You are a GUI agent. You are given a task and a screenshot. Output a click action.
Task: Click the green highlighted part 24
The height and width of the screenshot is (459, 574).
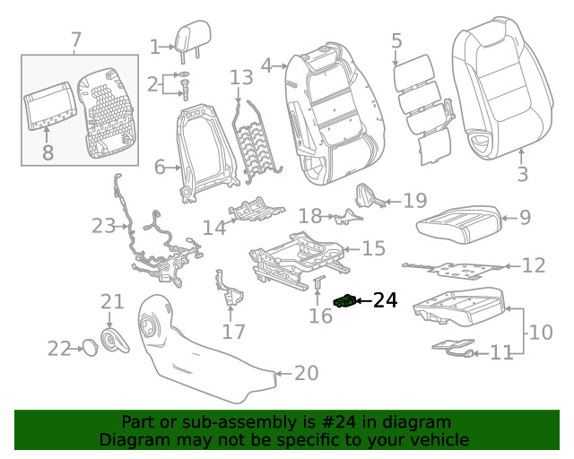(x=344, y=301)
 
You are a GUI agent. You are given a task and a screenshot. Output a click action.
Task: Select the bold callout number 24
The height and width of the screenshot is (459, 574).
(x=385, y=300)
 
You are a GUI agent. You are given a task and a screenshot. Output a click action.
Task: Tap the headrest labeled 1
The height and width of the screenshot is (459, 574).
(x=193, y=39)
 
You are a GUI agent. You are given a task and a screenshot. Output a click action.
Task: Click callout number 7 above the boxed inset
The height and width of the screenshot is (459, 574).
(x=75, y=40)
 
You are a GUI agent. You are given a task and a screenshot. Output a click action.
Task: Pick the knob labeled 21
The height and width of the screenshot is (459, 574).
(x=114, y=341)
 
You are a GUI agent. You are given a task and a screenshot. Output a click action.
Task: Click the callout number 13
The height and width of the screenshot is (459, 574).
(x=241, y=78)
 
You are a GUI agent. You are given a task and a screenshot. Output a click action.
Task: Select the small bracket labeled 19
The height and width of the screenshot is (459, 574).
(x=369, y=195)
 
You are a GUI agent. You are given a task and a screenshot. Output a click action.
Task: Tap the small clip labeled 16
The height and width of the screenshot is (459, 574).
(x=318, y=281)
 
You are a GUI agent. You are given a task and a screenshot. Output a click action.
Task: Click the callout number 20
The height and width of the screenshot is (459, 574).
(x=307, y=373)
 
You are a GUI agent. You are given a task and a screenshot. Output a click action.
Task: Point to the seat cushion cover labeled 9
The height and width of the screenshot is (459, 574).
(x=458, y=224)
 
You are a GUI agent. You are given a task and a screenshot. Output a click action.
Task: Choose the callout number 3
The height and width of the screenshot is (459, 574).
(x=523, y=174)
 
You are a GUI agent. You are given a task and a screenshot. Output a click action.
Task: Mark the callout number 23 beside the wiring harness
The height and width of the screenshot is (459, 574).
(x=104, y=226)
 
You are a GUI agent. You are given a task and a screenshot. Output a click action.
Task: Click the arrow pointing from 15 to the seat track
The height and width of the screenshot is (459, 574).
(x=352, y=249)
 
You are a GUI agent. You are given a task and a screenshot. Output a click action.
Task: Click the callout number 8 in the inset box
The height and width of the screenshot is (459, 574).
(x=48, y=152)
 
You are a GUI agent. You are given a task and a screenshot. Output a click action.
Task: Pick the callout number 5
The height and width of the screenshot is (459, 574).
(x=396, y=40)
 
